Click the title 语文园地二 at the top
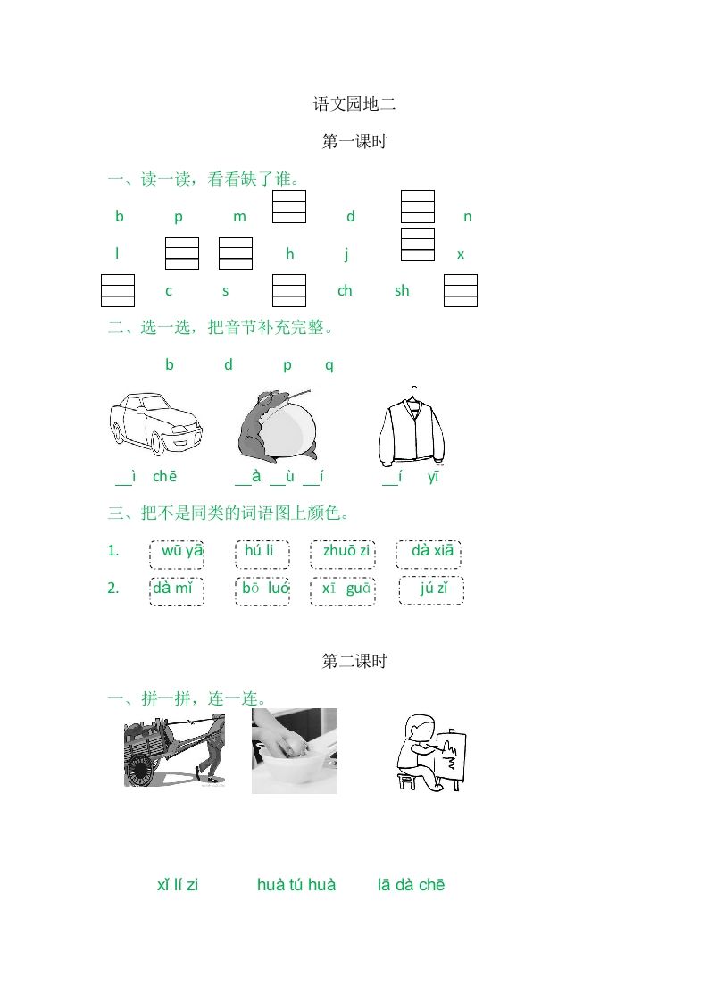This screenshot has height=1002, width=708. tap(354, 104)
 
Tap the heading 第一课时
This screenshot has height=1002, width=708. tap(354, 141)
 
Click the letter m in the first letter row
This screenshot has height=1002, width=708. tap(239, 217)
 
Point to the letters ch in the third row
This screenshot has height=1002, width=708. tap(345, 291)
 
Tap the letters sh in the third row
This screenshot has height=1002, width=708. tap(402, 291)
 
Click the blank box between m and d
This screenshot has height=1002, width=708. tap(289, 206)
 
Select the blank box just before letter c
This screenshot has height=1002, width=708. tap(118, 291)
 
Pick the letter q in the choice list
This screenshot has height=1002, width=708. tap(329, 364)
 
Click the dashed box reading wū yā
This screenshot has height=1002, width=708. tap(177, 553)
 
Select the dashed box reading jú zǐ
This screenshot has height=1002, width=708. tap(431, 590)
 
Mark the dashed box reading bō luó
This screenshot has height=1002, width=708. tap(262, 590)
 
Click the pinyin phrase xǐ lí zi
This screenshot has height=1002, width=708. tap(178, 885)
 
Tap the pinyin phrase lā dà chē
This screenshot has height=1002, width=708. tap(412, 885)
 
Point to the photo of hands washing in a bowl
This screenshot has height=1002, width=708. tap(295, 750)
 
